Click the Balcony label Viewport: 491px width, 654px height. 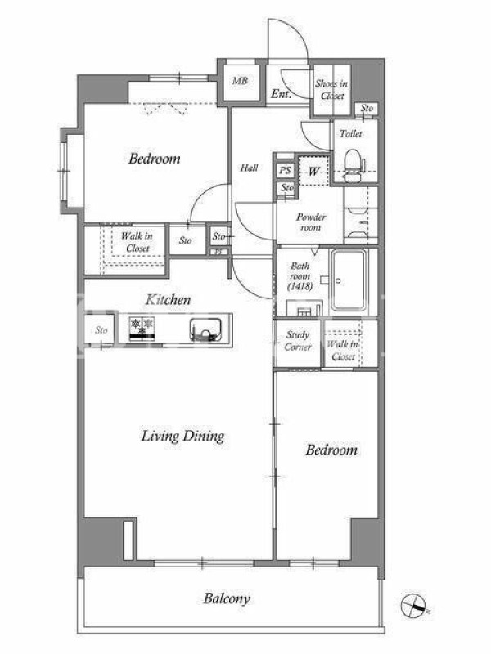[x=227, y=598]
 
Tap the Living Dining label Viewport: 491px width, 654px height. [x=182, y=436]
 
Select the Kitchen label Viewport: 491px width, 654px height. [x=168, y=299]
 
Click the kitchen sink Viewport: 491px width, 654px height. [x=205, y=329]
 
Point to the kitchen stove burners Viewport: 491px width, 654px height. [x=142, y=329]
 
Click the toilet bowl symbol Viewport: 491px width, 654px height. [x=353, y=166]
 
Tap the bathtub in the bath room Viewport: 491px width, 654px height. [x=349, y=280]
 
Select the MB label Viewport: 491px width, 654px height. [x=240, y=81]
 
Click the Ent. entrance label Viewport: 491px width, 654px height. [x=281, y=94]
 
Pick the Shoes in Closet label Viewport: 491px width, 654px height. [x=331, y=89]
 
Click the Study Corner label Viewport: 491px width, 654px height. [x=298, y=341]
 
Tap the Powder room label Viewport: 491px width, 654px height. [x=311, y=222]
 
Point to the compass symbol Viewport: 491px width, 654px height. [x=414, y=606]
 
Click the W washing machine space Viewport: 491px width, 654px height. [x=313, y=171]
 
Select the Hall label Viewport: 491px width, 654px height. [x=249, y=168]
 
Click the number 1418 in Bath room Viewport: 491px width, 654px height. [x=300, y=287]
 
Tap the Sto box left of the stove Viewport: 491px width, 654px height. [x=101, y=330]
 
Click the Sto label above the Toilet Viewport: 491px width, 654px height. [x=367, y=108]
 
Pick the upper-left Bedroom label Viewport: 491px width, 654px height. [x=155, y=159]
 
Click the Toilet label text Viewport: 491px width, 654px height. [x=351, y=133]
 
